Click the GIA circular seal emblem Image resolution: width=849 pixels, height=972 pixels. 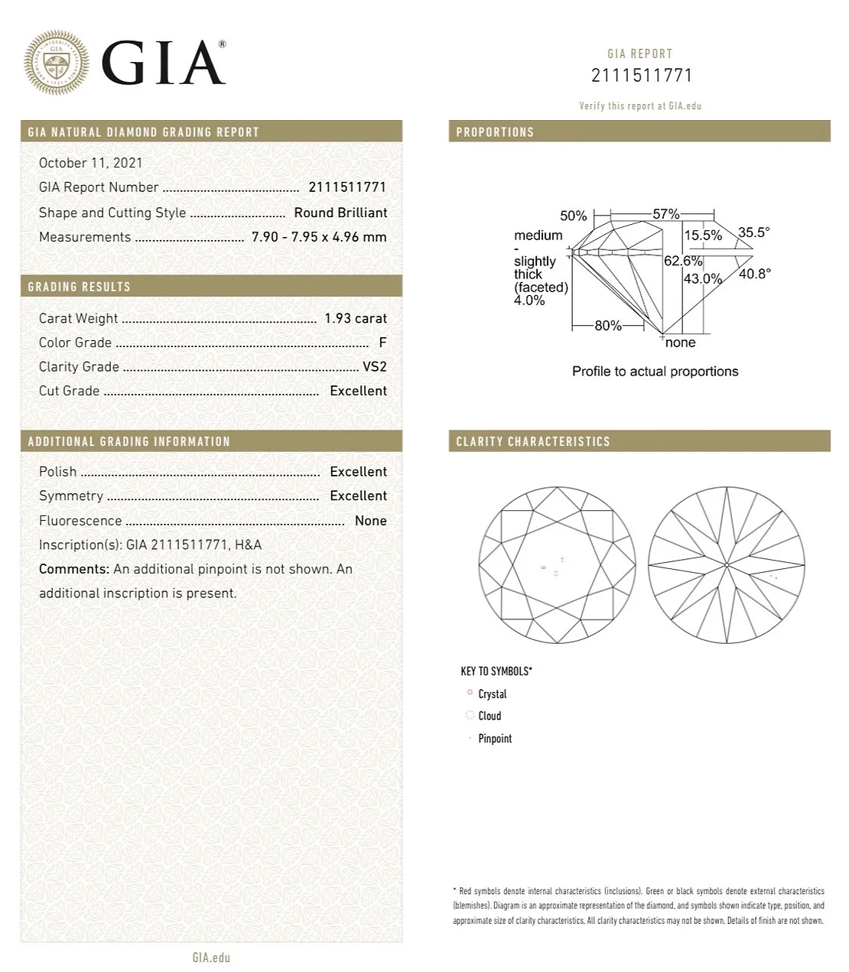point(57,63)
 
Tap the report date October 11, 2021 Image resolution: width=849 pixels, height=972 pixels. point(90,163)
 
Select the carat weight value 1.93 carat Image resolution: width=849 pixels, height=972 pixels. point(355,318)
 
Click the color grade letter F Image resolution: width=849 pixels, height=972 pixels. point(382,343)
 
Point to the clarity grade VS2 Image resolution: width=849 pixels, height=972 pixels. point(374,366)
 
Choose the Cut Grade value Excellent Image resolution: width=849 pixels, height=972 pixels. point(358,391)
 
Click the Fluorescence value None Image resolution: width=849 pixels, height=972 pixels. point(370,521)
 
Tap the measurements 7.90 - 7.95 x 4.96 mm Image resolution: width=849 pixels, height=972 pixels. point(319,237)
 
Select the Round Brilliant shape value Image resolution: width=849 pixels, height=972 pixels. point(340,213)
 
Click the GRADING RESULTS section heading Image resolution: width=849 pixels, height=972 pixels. point(80,287)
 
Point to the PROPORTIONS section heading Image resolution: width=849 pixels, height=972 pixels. point(495,132)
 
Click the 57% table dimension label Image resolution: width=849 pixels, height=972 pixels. point(665,214)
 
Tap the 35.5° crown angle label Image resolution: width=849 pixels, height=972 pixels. point(753,232)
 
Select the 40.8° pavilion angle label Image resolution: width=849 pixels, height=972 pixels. point(754,273)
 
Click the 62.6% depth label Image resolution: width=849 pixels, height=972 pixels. point(682,261)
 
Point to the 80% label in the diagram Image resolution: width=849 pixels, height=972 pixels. point(608,326)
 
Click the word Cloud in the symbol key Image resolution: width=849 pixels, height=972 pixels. point(490,716)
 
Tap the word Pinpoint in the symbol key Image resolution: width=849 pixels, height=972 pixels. point(495,738)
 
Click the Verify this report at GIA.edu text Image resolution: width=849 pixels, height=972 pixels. point(639,106)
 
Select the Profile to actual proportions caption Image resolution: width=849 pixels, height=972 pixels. point(655,372)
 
